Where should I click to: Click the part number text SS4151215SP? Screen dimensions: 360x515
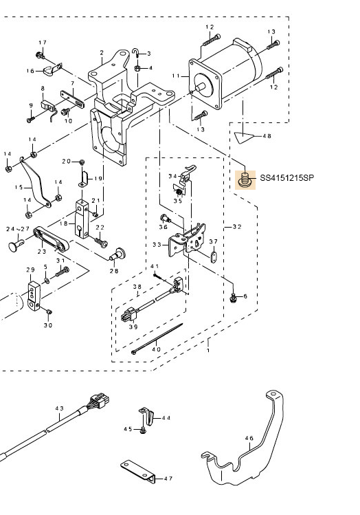286,178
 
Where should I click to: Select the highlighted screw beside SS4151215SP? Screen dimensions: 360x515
245,180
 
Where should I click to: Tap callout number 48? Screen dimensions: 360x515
267,136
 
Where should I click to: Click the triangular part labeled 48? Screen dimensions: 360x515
244,137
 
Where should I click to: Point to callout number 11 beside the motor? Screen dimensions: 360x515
176,76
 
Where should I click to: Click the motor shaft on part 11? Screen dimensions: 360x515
200,87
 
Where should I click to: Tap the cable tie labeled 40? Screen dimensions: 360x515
157,338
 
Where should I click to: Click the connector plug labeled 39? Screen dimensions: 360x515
128,316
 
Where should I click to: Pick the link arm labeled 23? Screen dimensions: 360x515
52,239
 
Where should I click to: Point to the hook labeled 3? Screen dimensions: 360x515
137,52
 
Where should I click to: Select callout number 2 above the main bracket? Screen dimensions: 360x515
102,53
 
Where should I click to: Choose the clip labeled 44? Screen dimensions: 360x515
146,415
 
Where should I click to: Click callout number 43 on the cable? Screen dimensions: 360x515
59,408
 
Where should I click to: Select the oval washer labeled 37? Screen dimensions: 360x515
213,257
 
